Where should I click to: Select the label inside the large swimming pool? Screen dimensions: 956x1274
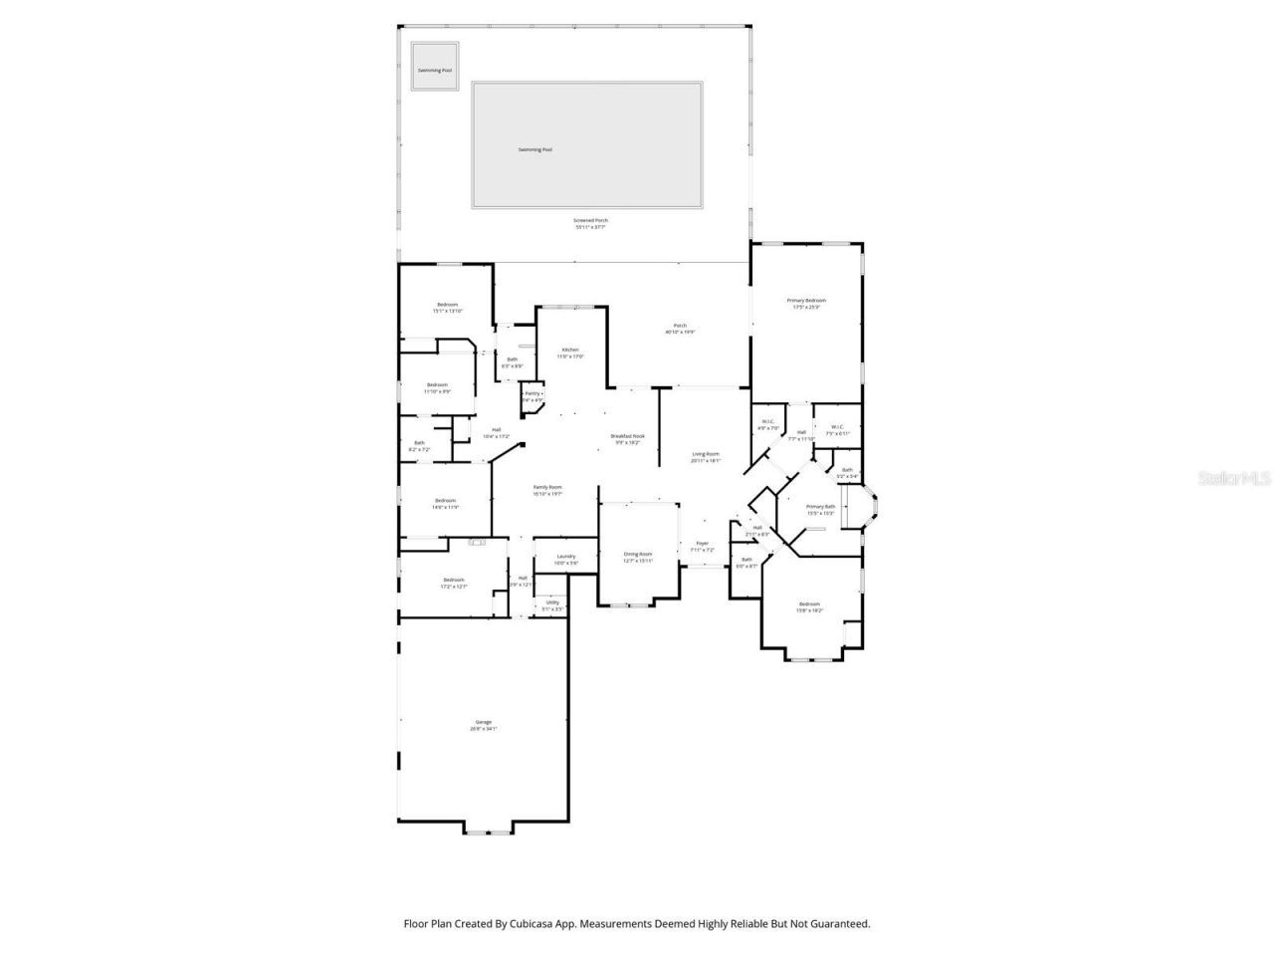[x=534, y=149]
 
